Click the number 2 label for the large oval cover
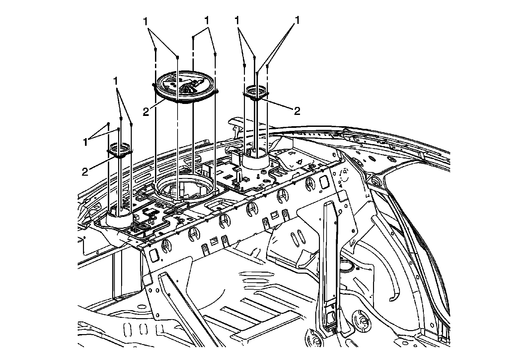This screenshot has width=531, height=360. (146, 112)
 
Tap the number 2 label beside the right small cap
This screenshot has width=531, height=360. (296, 111)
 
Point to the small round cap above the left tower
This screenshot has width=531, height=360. (120, 149)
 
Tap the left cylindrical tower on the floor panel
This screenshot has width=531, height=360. (120, 220)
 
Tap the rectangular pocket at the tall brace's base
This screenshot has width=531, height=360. (330, 318)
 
